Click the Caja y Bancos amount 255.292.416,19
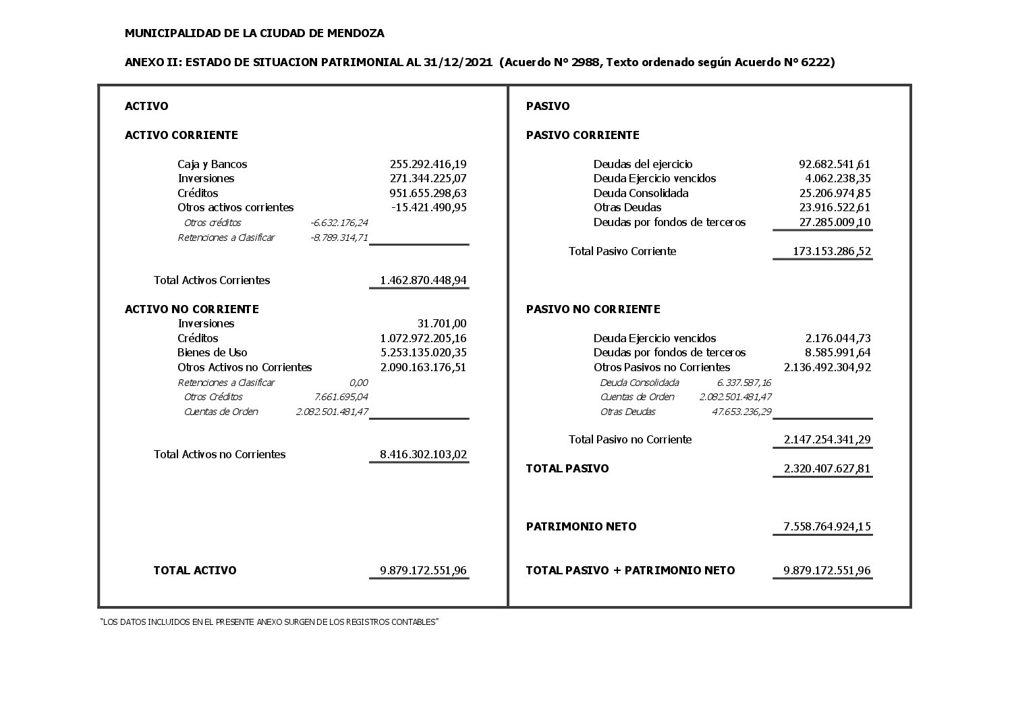tap(428, 164)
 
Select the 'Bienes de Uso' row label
tap(212, 352)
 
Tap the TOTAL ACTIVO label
tap(194, 570)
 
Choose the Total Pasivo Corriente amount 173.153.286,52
tap(831, 251)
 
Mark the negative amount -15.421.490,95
tap(428, 207)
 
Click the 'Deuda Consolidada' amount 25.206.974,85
tap(834, 193)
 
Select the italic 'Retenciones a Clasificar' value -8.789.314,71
tap(339, 238)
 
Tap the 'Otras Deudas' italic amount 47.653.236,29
tap(741, 412)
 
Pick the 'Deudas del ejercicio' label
tap(642, 164)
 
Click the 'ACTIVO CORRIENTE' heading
tap(181, 135)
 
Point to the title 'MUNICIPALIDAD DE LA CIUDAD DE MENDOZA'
tap(254, 33)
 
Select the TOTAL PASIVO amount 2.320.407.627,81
tap(826, 468)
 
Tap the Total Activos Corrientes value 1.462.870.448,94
tap(423, 280)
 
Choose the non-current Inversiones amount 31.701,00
tap(441, 323)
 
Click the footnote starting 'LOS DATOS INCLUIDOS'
tap(269, 622)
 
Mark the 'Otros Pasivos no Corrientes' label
tap(661, 367)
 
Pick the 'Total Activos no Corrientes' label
tap(219, 454)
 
